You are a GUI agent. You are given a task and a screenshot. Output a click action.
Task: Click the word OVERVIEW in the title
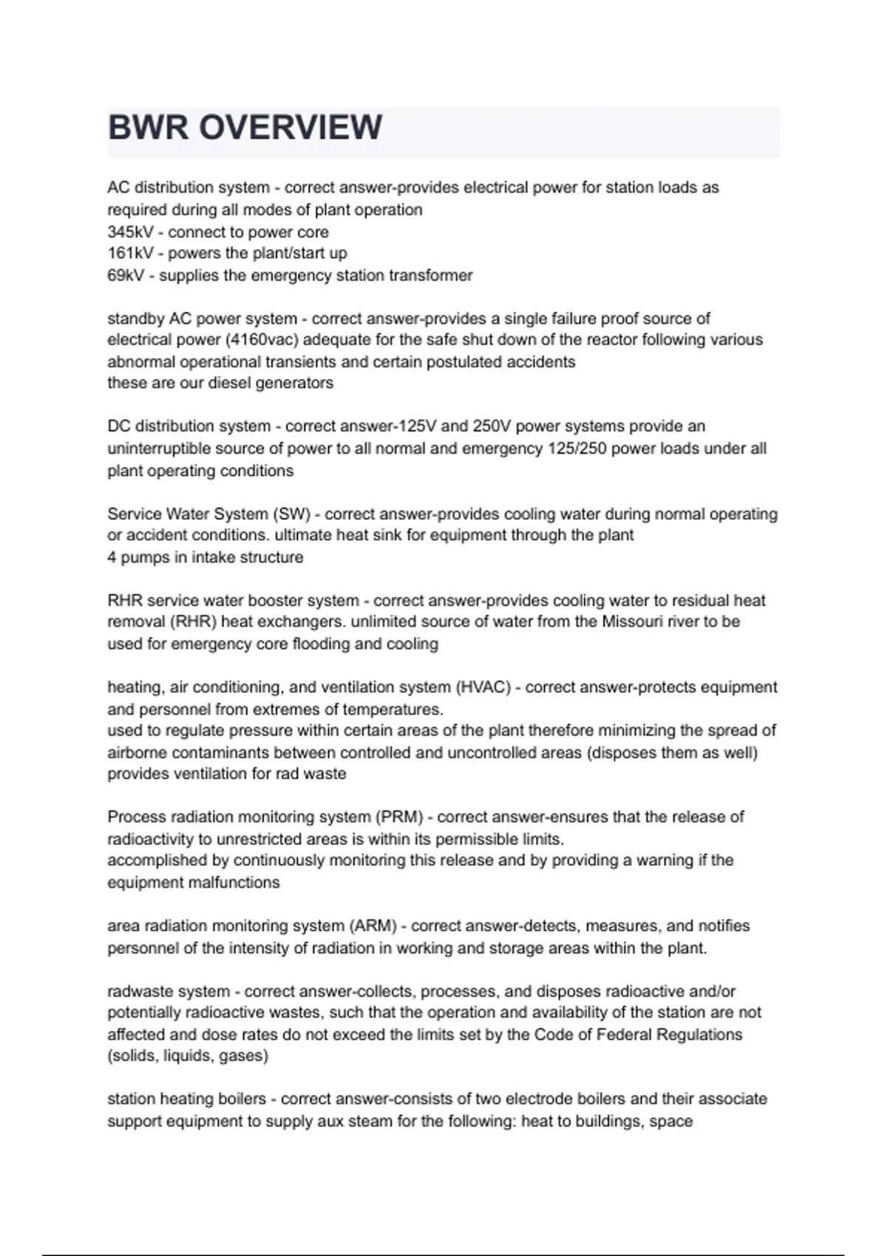coord(290,127)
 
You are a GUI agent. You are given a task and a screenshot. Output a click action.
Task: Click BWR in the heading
coord(148,127)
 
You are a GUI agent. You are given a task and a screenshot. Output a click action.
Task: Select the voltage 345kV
coord(130,232)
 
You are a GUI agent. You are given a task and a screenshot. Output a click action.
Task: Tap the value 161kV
coord(130,253)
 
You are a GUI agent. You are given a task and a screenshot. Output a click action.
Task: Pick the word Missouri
coord(633,621)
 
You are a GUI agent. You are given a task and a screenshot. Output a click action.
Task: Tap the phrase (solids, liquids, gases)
coord(188,1056)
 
